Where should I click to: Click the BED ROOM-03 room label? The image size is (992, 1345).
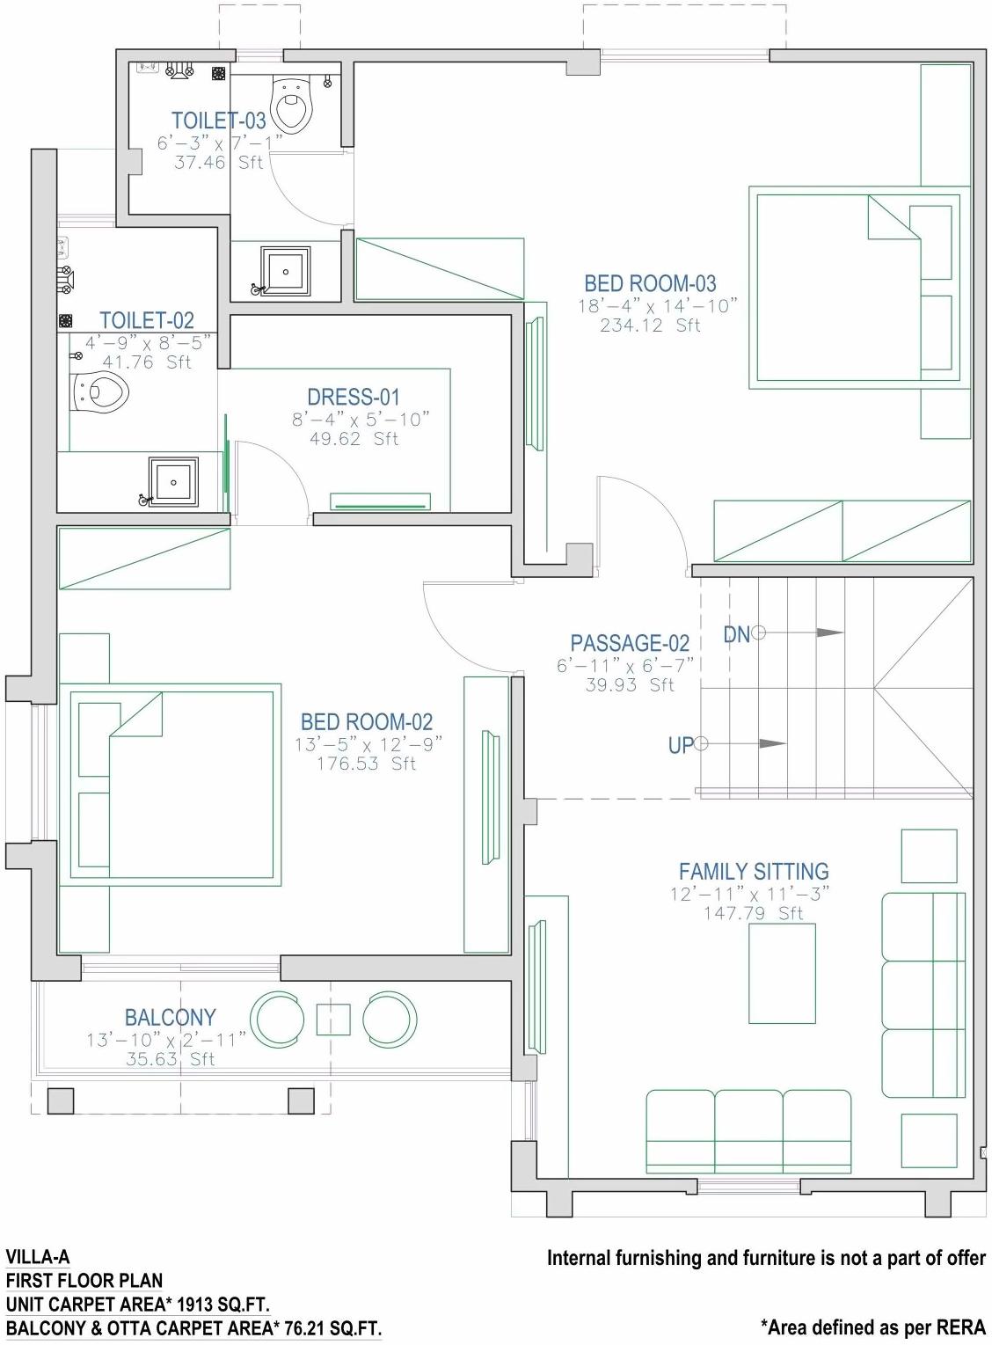click(x=650, y=283)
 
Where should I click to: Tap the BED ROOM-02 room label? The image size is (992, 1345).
click(x=367, y=722)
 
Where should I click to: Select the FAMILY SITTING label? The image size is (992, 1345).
click(x=754, y=872)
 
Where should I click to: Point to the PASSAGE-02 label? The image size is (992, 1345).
click(x=630, y=643)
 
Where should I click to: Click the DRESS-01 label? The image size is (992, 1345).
click(x=354, y=397)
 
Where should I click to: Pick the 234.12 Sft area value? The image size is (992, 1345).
click(x=650, y=325)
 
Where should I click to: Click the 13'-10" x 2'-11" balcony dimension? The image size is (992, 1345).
click(x=167, y=1040)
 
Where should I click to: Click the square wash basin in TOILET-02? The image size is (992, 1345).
click(x=174, y=482)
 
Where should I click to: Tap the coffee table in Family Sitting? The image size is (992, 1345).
click(x=782, y=974)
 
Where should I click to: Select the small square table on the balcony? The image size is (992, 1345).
click(x=333, y=1020)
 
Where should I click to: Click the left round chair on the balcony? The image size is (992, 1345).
click(x=277, y=1020)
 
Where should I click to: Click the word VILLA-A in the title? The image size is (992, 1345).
click(x=37, y=1257)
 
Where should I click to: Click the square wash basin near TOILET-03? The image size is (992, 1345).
click(x=285, y=272)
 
